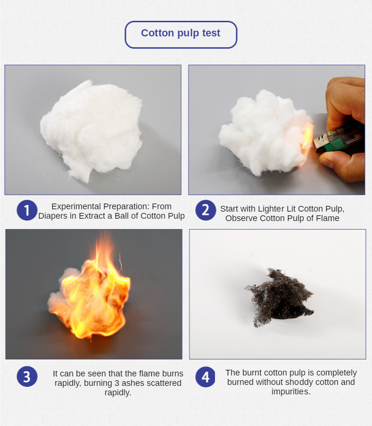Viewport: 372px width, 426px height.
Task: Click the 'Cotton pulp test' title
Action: tap(181, 33)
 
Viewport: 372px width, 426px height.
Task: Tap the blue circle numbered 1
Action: tap(27, 210)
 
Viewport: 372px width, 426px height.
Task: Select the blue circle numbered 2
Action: tap(206, 210)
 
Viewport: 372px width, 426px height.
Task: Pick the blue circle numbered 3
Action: tap(27, 376)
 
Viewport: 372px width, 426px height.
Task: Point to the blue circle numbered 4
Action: tap(206, 377)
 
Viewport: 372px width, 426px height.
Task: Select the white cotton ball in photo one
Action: tap(91, 129)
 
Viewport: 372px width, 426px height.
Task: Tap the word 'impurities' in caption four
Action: tap(290, 392)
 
